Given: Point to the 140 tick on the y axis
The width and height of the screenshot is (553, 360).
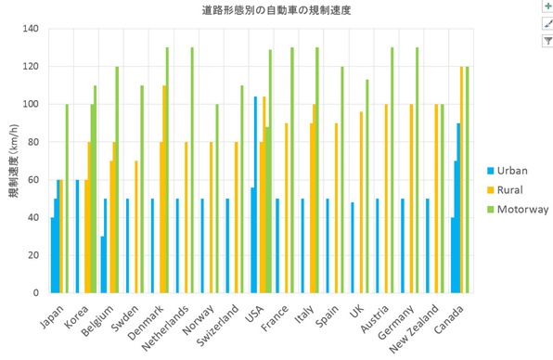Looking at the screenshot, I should [x=32, y=29].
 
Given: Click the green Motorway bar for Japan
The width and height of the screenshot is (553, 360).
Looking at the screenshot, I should [x=66, y=199].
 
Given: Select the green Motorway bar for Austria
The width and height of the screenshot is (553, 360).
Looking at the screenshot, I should [x=392, y=170].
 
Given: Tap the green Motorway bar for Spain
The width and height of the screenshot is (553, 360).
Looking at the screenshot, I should [x=341, y=179].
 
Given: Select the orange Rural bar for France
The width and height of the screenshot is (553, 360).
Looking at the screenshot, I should [x=286, y=208].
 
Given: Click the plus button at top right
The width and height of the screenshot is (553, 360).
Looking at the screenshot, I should [x=547, y=6].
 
